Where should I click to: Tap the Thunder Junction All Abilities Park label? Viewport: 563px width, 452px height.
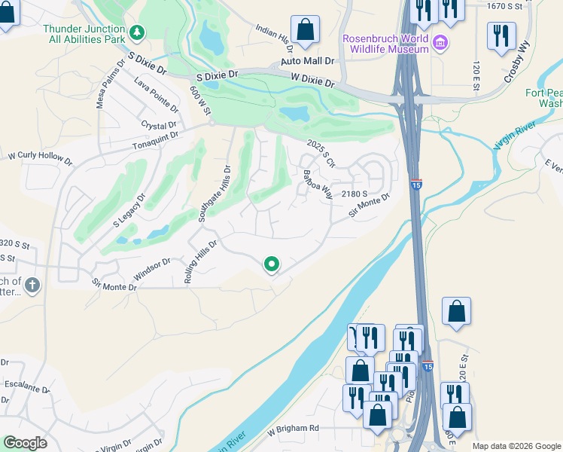point(84,34)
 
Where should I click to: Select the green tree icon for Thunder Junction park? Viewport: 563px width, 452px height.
point(137,32)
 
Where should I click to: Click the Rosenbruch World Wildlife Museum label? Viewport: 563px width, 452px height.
point(385,44)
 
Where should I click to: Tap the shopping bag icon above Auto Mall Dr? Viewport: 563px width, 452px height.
point(306,31)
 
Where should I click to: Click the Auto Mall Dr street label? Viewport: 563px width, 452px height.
point(307,60)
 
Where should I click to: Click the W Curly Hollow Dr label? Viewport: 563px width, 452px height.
point(40,159)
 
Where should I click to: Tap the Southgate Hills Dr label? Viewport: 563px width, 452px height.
point(213,194)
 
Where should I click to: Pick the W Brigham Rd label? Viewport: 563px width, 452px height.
point(294,428)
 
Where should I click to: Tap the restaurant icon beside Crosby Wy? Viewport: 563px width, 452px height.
point(501,36)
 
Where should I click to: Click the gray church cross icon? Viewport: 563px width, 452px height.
point(31,285)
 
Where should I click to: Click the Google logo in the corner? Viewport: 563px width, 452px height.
point(25,443)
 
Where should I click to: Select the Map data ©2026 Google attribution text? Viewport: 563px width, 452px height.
point(516,446)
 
